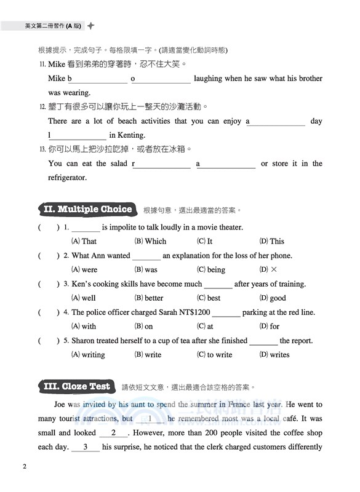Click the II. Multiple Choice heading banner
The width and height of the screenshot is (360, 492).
pos(87,209)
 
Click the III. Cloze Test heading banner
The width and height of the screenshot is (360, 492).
pos(77,387)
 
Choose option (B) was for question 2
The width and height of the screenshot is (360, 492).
pos(145,270)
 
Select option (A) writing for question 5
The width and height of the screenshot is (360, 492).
pos(88,355)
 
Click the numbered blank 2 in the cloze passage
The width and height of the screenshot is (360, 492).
pos(114,433)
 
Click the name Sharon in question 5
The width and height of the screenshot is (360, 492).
pos(85,341)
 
